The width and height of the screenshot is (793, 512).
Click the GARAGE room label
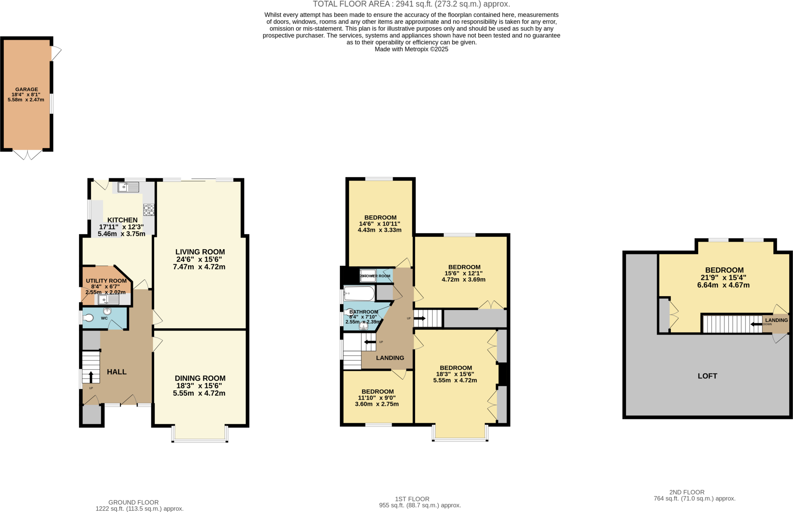click(26, 89)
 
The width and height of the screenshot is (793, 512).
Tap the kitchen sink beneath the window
click(128, 188)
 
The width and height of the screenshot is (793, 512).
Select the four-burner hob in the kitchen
click(149, 210)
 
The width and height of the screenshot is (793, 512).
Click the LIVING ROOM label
click(200, 252)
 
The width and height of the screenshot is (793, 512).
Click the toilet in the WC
click(88, 318)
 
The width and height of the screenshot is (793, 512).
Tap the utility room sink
click(108, 300)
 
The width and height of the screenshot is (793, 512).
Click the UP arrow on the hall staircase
click(91, 377)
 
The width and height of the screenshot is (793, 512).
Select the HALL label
click(117, 372)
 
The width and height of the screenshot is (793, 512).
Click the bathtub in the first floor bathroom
click(359, 293)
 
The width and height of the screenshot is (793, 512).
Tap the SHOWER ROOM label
click(376, 276)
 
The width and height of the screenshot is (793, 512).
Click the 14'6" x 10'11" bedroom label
click(379, 224)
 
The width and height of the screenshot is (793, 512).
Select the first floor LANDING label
click(390, 358)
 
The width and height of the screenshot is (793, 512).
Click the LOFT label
click(707, 376)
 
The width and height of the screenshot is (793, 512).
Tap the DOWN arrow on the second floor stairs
click(756, 324)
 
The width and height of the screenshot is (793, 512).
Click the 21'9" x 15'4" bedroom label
click(723, 278)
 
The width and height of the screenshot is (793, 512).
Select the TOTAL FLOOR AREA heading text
click(411, 4)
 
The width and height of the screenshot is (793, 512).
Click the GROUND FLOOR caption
click(133, 502)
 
